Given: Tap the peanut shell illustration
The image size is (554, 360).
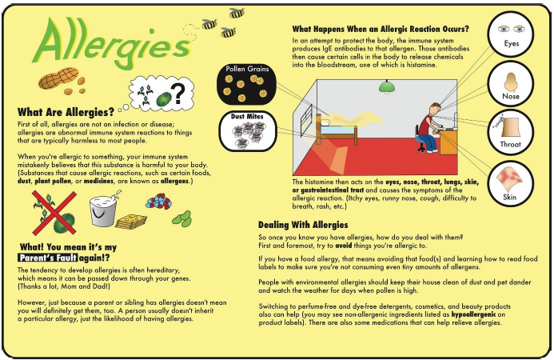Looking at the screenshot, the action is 58,78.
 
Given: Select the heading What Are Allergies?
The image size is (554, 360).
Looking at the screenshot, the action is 66,112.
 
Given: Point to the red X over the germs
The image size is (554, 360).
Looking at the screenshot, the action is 54,213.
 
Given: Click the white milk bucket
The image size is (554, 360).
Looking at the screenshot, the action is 103,210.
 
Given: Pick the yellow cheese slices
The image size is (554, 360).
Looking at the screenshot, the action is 131,222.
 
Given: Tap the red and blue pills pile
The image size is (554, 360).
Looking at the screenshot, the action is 158,201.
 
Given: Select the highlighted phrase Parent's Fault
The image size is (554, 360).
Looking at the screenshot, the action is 48,258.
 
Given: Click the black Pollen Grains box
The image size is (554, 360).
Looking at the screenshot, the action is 247,84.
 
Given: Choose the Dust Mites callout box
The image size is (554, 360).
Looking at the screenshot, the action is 248,131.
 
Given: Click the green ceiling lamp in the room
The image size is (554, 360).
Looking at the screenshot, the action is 387,86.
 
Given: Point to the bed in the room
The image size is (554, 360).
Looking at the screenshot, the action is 337,129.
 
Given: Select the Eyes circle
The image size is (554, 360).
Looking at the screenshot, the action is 511,34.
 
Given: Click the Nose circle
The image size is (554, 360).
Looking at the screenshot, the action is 511,84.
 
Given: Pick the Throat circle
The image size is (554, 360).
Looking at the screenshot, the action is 511,132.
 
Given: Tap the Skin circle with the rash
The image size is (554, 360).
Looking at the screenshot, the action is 511,184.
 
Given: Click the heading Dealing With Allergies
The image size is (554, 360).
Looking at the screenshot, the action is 303,225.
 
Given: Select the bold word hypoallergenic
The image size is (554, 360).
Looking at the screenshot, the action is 473,314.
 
